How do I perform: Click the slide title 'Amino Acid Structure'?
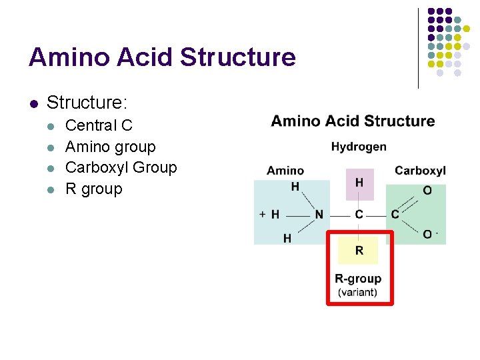coord(162,57)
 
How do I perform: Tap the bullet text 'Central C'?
coord(99,125)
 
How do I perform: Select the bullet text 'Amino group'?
coord(110,147)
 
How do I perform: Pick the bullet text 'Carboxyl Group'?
coord(121,167)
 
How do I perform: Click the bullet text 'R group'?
coord(93,189)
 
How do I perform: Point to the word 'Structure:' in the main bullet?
coord(87,103)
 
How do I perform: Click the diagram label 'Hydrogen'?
coord(359,147)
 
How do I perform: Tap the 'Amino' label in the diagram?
coord(285,171)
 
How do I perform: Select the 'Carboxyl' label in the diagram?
coord(420,171)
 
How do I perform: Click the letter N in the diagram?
coord(319,215)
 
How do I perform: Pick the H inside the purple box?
coord(359,183)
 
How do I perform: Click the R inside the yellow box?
coord(359,251)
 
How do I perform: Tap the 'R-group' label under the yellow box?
coord(358,279)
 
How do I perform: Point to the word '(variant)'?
coord(358,292)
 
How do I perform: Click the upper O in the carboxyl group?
coord(427,191)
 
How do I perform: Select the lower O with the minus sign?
coord(428,234)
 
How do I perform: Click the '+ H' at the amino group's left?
coord(269,215)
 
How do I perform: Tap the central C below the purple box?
coord(359,215)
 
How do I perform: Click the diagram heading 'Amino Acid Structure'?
coord(353,121)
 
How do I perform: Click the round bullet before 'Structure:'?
coord(33,103)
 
